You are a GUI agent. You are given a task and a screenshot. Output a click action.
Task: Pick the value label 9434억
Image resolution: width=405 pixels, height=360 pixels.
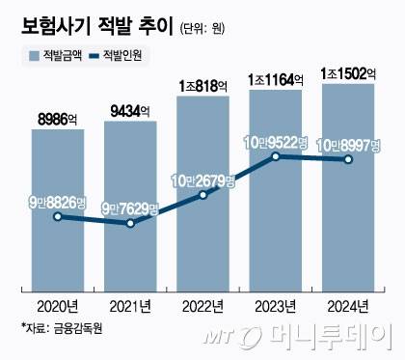[x=130, y=112]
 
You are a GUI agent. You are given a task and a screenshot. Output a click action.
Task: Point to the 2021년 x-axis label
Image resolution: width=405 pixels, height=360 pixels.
[x=130, y=308]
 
